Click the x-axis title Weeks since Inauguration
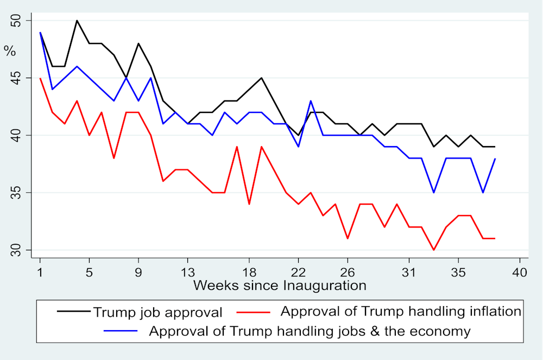point(279,285)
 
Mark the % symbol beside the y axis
point(9,51)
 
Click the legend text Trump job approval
point(157,312)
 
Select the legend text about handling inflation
point(401,312)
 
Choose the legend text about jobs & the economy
point(310,331)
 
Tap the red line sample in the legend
point(254,312)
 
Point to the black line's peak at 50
point(77,21)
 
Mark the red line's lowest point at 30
point(433,250)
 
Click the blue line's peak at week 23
point(311,101)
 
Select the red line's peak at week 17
point(237,147)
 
